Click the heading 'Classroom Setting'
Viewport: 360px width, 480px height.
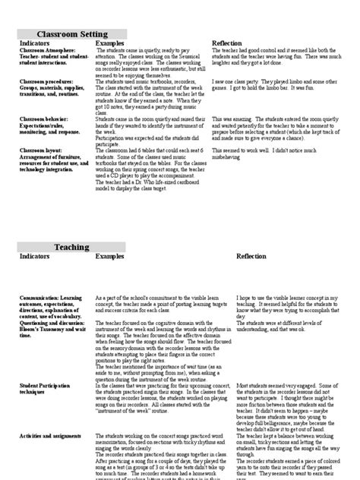pyautogui.click(x=72, y=34)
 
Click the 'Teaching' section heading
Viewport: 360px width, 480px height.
pyautogui.click(x=71, y=248)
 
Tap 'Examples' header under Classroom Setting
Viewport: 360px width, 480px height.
pyautogui.click(x=110, y=43)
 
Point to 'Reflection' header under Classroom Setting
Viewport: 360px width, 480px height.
pyautogui.click(x=228, y=43)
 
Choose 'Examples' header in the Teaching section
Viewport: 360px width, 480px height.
pyautogui.click(x=110, y=257)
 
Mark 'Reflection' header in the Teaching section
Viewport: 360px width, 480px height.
pyautogui.click(x=251, y=257)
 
